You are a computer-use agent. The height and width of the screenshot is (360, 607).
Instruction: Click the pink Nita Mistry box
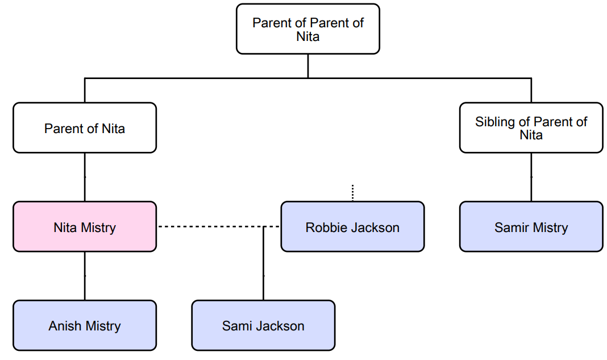tap(85, 227)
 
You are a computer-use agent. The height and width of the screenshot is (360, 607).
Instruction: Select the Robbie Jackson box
tap(352, 227)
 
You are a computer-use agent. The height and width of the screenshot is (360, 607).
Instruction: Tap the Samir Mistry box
tap(531, 227)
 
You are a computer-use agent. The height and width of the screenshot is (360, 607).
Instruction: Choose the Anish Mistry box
tap(85, 326)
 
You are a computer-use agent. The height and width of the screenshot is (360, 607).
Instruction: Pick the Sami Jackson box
tap(263, 326)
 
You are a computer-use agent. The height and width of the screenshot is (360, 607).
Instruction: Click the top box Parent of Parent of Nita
tap(308, 29)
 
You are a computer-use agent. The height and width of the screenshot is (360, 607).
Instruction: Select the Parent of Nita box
tap(85, 128)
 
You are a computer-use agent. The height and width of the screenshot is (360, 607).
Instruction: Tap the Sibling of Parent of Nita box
tap(531, 128)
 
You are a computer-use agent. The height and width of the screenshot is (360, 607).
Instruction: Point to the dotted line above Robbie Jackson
tap(352, 193)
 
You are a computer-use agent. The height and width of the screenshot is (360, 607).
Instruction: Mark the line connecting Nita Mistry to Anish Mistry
tap(85, 276)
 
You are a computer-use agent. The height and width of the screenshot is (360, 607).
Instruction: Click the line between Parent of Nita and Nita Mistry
tap(85, 177)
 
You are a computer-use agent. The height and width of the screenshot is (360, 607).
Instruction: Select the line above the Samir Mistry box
tap(531, 177)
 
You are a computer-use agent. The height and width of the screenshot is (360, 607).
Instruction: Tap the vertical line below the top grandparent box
tap(308, 66)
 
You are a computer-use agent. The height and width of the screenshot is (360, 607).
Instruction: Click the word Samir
tap(510, 227)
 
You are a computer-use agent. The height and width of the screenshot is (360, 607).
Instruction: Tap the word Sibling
tap(495, 122)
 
